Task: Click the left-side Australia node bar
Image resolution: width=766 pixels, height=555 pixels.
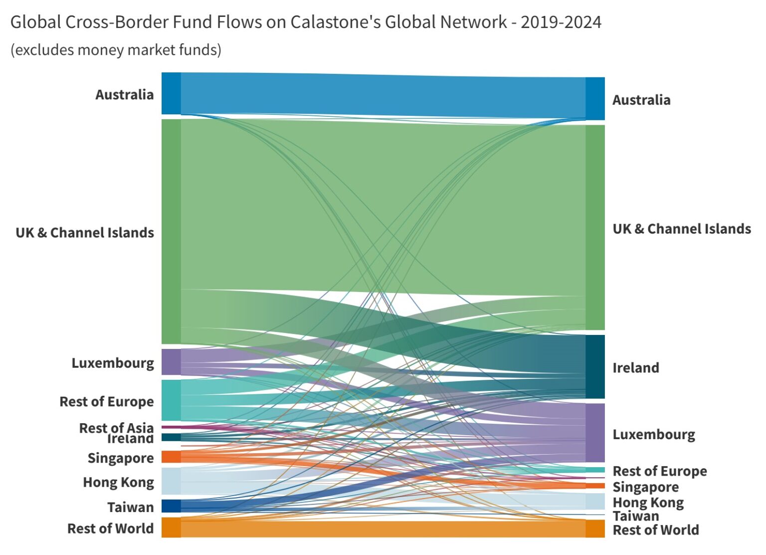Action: [x=171, y=93]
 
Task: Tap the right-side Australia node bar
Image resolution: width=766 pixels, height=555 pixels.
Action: [x=595, y=99]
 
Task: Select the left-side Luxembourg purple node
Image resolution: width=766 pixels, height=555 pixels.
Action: [x=171, y=362]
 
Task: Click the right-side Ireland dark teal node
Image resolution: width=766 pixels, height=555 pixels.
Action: [x=595, y=367]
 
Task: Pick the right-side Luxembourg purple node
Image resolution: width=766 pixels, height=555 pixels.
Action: [x=595, y=433]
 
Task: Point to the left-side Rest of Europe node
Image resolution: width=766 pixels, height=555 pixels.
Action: [x=171, y=400]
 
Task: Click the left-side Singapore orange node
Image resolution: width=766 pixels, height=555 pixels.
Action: [x=171, y=457]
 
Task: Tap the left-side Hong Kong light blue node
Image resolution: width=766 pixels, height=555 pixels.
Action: [x=171, y=481]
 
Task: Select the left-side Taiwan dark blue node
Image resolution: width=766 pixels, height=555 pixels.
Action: [x=171, y=506]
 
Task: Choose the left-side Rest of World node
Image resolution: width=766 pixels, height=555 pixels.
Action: [x=171, y=528]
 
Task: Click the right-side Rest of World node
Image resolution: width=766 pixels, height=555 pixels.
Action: [x=595, y=529]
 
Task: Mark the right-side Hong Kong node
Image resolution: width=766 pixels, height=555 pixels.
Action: [x=595, y=501]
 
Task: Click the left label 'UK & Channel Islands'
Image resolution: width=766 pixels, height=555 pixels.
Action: [x=85, y=233]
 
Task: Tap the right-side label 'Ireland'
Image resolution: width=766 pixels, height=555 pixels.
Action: [x=636, y=368]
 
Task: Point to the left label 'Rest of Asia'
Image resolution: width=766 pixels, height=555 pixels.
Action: [x=116, y=427]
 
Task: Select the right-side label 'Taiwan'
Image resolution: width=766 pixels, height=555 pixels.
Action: [x=636, y=516]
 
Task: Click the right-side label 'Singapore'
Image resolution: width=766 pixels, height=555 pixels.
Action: [x=645, y=487]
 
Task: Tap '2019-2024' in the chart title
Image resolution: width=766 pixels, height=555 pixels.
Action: [x=561, y=22]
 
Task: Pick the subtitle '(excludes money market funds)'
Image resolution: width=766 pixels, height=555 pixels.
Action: [x=116, y=50]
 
